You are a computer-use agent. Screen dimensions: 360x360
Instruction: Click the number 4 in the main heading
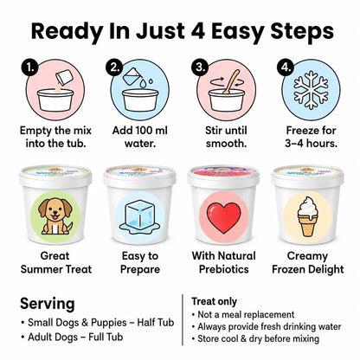pyautogui.click(x=197, y=31)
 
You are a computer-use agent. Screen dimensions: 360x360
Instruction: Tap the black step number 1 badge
pyautogui.click(x=29, y=67)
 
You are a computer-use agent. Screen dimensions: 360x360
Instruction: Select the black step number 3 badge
pyautogui.click(x=200, y=67)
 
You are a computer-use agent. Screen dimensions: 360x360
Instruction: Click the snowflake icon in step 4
pyautogui.click(x=311, y=90)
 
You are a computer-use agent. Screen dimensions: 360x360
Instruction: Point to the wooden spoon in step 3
pyautogui.click(x=231, y=82)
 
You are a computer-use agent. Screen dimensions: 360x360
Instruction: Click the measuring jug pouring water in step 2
pyautogui.click(x=132, y=76)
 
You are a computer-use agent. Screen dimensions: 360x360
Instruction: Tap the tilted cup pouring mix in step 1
pyautogui.click(x=63, y=77)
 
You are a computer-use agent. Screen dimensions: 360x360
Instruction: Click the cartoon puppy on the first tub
pyautogui.click(x=55, y=215)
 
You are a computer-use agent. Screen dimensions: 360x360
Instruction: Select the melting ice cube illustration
pyautogui.click(x=139, y=217)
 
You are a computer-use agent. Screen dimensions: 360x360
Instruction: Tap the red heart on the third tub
pyautogui.click(x=223, y=217)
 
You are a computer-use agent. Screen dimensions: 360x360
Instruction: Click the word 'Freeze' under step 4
pyautogui.click(x=300, y=131)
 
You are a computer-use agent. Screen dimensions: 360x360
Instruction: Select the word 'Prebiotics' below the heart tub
pyautogui.click(x=224, y=269)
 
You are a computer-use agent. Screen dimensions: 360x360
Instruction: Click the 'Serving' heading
pyautogui.click(x=48, y=304)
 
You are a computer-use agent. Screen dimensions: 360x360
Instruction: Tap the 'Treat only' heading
pyautogui.click(x=215, y=301)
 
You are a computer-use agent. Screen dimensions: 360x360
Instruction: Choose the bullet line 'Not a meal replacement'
pyautogui.click(x=243, y=314)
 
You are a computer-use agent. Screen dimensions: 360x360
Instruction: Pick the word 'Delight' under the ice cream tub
pyautogui.click(x=326, y=269)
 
